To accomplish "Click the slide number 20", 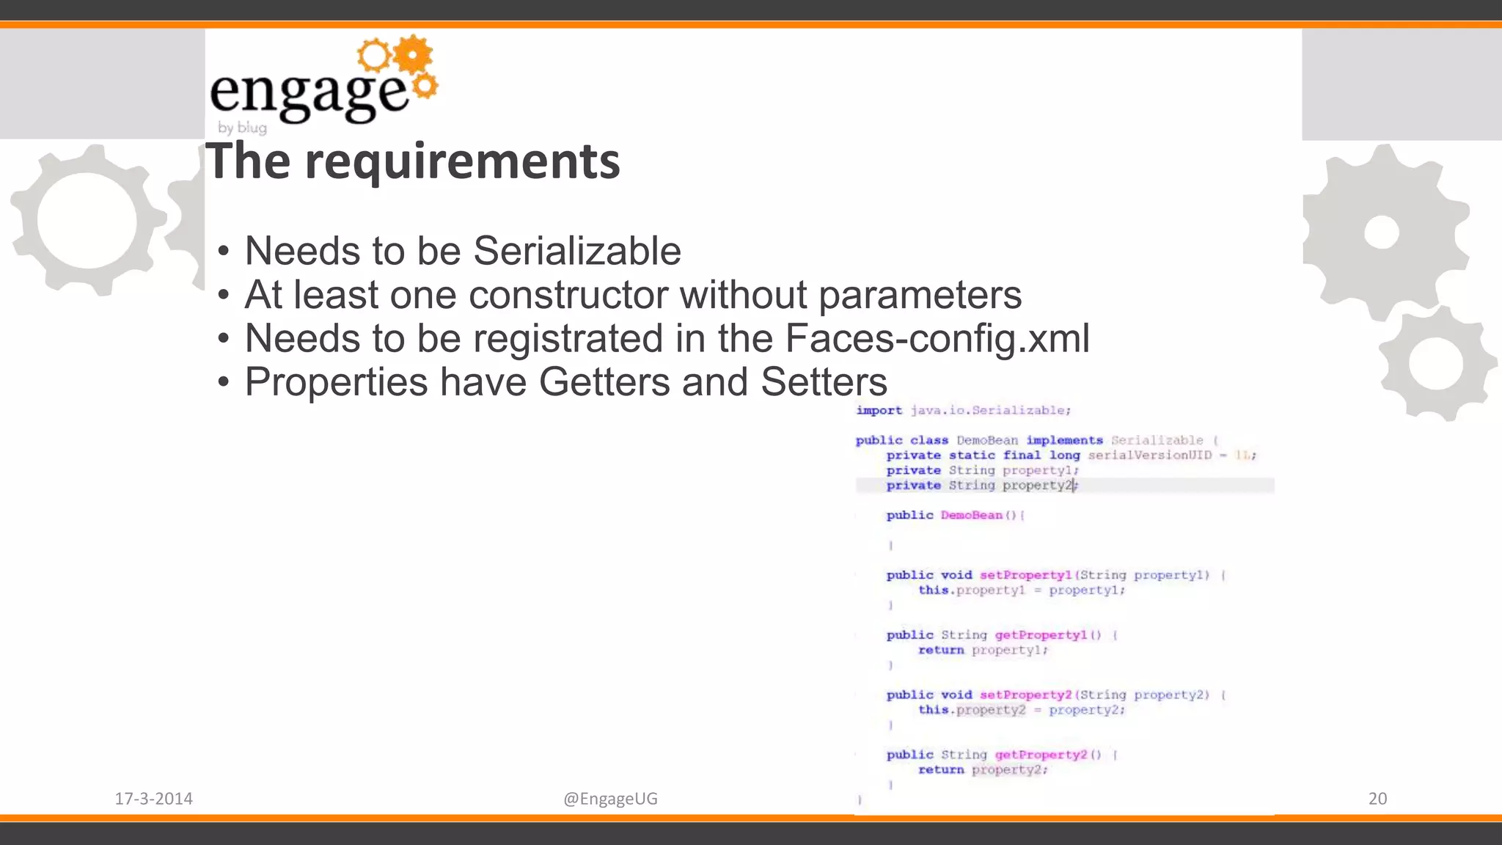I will tap(1377, 798).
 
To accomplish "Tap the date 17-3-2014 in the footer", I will tap(153, 798).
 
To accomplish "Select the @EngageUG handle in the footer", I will tap(610, 798).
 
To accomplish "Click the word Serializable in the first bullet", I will tap(576, 251).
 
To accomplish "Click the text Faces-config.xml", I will tap(937, 338).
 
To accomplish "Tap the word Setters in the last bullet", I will tap(824, 382).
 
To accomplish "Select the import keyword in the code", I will tap(879, 410).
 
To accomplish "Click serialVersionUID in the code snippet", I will tap(1149, 456).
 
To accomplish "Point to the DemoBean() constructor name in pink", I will tap(971, 515).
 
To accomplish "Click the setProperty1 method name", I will tap(1025, 575).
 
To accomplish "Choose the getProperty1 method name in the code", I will tap(1040, 635).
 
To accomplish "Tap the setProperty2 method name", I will tap(1025, 695).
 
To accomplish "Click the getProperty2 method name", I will tap(1040, 755).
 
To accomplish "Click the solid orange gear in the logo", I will tap(413, 54).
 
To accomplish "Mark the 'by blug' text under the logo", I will tap(242, 128).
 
